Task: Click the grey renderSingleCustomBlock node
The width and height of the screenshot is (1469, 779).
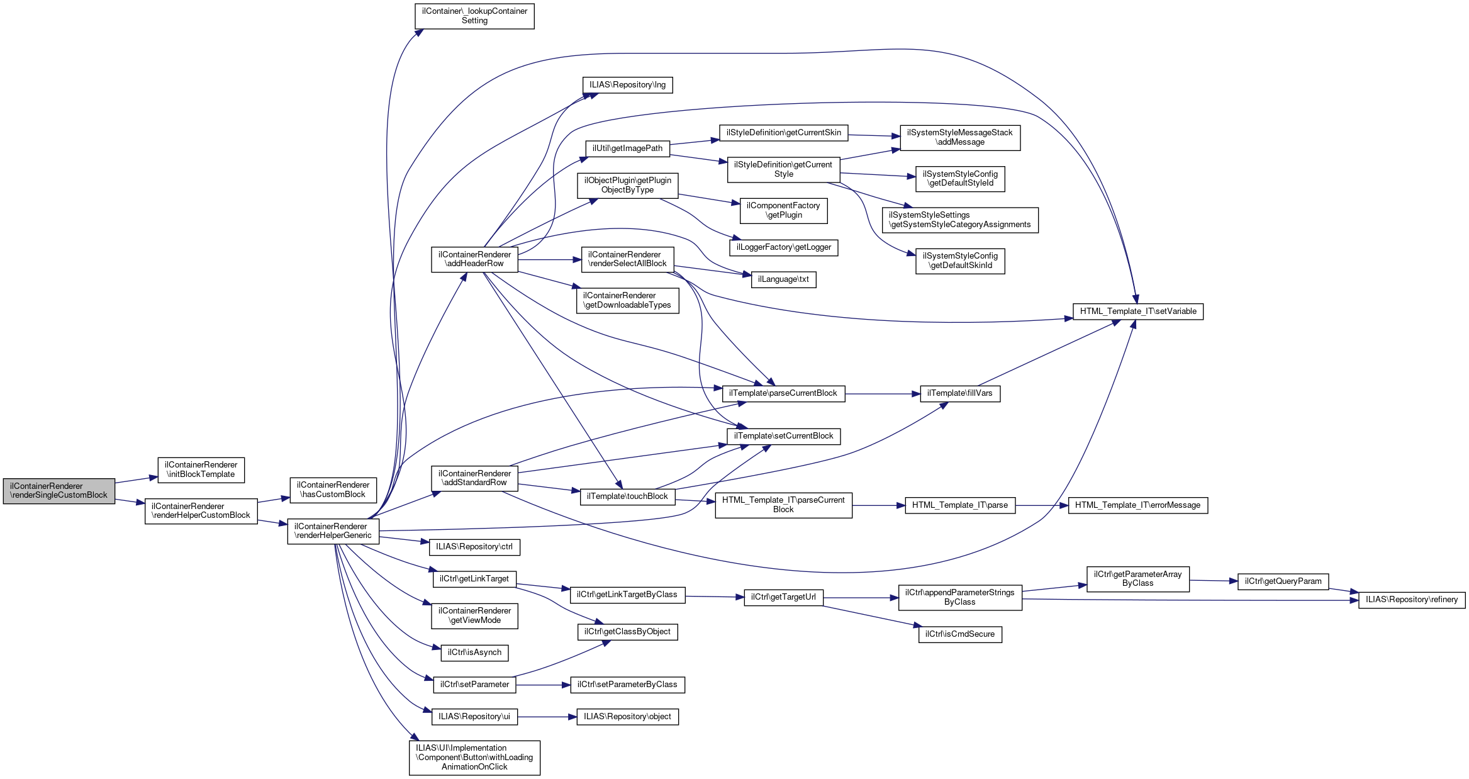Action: click(59, 491)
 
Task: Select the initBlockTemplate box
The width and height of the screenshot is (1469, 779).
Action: click(201, 470)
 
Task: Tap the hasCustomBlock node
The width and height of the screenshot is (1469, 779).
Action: click(333, 490)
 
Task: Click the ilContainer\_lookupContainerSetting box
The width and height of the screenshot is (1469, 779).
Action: click(474, 16)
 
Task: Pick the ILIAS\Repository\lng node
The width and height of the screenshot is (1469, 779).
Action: click(627, 85)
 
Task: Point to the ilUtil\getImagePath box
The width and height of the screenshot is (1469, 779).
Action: click(627, 149)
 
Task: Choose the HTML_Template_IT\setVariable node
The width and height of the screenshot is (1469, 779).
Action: click(1138, 311)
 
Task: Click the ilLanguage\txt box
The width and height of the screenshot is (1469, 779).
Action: click(783, 279)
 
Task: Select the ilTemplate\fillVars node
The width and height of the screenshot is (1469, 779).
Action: click(960, 394)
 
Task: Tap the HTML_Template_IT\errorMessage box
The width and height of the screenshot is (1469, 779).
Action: click(1137, 505)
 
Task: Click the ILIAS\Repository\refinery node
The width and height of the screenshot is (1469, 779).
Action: click(1412, 600)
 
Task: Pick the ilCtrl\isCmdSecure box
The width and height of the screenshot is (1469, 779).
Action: click(960, 634)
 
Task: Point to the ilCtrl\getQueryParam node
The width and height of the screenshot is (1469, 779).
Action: click(1283, 581)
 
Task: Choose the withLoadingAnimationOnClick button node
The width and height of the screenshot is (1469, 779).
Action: click(474, 758)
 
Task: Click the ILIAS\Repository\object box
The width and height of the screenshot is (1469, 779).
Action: click(627, 717)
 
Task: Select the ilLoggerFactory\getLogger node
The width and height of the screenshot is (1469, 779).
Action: click(783, 247)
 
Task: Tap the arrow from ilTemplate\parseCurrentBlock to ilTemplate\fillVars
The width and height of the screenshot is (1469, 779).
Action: click(883, 394)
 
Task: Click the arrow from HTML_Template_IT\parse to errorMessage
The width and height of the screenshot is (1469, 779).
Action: click(1042, 505)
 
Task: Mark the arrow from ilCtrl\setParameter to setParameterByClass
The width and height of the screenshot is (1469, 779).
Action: click(543, 685)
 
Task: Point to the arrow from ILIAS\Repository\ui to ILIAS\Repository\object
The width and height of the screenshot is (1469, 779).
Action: click(547, 717)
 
